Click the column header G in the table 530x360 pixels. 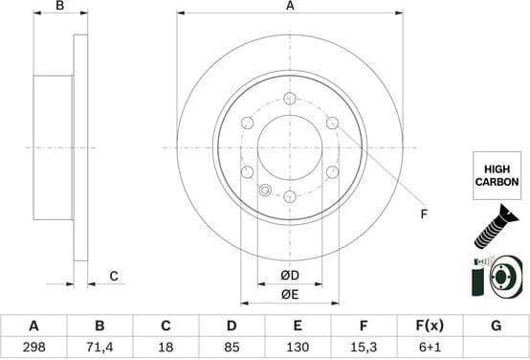point(496,326)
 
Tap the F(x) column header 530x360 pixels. point(429,326)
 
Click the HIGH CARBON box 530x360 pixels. point(495,174)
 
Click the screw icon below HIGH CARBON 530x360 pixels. point(493,227)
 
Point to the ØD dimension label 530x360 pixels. point(289,276)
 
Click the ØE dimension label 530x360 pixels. point(289,295)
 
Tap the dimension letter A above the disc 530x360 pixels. point(290,7)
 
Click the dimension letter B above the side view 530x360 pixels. point(59,7)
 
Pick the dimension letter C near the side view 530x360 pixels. point(113,277)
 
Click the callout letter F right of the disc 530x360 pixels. point(423,214)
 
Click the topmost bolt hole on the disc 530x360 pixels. point(290,99)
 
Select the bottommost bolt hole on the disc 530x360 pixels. point(290,196)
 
